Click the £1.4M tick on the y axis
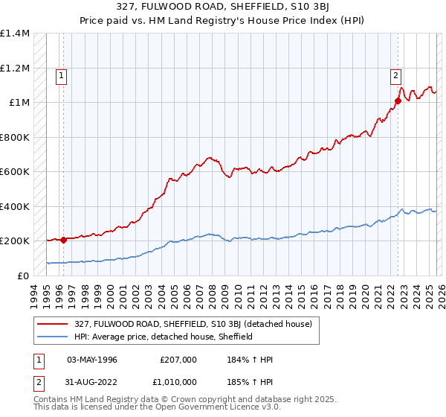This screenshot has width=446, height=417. click(15, 34)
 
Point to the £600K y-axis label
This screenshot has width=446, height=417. click(15, 172)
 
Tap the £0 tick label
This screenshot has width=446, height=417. click(23, 276)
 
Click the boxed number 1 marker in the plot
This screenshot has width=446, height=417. click(60, 74)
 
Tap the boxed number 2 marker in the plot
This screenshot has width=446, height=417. click(396, 74)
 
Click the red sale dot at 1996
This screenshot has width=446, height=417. click(63, 240)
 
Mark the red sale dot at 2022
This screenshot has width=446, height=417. click(398, 101)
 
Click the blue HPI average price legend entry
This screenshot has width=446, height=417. click(163, 337)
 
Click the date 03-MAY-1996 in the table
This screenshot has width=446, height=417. click(92, 360)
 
